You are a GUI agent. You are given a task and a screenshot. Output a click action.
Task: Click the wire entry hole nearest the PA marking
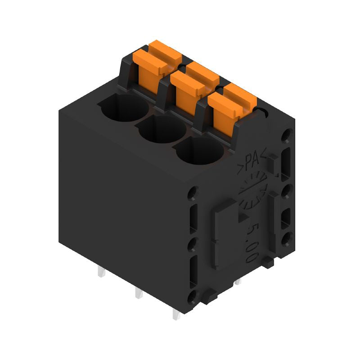click(200, 151)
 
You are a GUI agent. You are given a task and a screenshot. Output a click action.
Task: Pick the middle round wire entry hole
click(162, 130)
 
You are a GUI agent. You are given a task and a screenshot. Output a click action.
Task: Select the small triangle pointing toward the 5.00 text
click(242, 218)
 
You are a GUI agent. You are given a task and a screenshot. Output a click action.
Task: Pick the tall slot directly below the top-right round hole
click(285, 160)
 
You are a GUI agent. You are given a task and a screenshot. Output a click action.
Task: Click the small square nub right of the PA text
click(273, 166)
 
